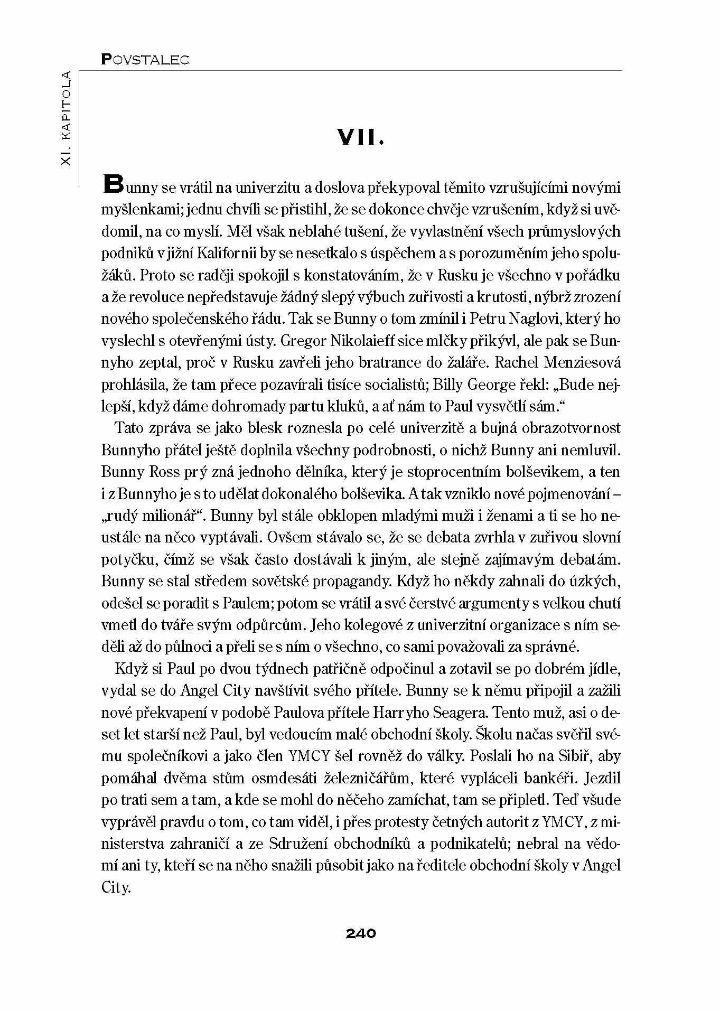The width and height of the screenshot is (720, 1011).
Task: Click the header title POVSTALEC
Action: pyautogui.click(x=145, y=60)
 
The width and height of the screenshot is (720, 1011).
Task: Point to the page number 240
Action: pyautogui.click(x=361, y=933)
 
